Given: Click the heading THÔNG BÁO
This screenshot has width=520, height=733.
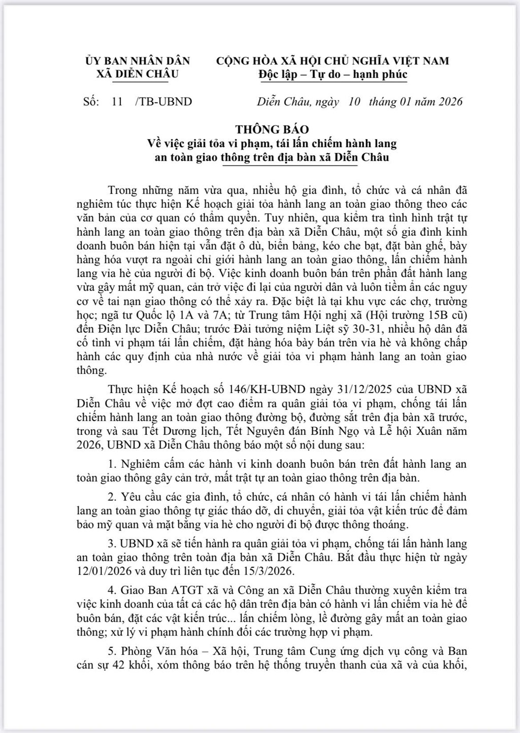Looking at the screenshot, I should coord(272,130).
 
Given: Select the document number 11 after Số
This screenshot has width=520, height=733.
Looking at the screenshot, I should coord(117,101).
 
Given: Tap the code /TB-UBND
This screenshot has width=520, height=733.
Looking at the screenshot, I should coord(164,101).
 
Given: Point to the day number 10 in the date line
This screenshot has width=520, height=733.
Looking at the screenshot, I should coord(354,101).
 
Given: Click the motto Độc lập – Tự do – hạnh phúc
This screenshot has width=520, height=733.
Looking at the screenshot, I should coord(333,75).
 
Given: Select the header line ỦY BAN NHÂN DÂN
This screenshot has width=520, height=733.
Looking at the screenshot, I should coord(138,61).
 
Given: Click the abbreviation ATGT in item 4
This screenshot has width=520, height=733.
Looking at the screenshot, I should coord(185,590).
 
